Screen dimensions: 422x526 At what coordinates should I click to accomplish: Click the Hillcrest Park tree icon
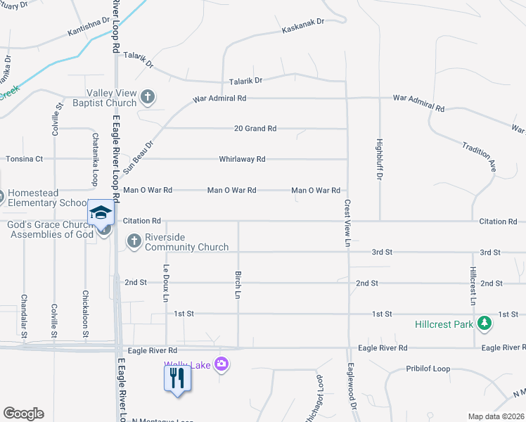pos(484,324)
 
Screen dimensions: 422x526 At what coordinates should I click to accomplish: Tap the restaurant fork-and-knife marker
pos(177,379)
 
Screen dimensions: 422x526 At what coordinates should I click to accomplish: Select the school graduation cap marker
pos(100,213)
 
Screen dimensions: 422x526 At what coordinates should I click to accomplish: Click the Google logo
pos(23,414)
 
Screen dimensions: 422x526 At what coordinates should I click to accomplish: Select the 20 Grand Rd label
pos(255,129)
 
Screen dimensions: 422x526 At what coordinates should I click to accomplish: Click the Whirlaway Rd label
pos(242,159)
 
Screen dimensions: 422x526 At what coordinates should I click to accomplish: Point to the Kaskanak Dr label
pos(302,30)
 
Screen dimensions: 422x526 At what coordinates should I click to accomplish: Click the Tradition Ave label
pos(480,156)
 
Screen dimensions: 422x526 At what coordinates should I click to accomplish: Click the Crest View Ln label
pos(347,222)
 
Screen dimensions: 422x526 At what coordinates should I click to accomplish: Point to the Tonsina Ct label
pos(25,159)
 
